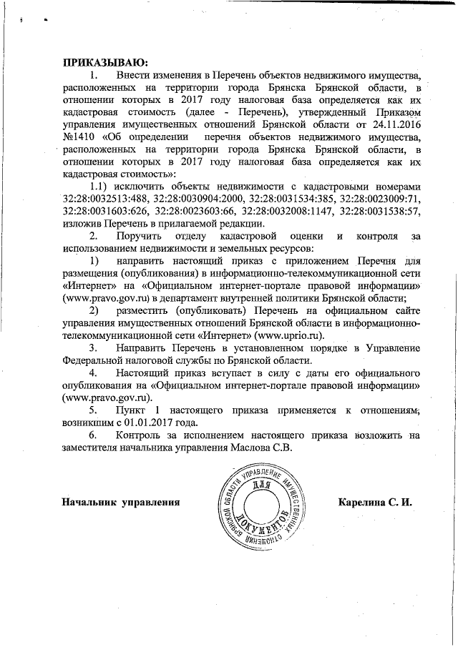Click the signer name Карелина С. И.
point(376,501)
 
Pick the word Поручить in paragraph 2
point(141,235)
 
